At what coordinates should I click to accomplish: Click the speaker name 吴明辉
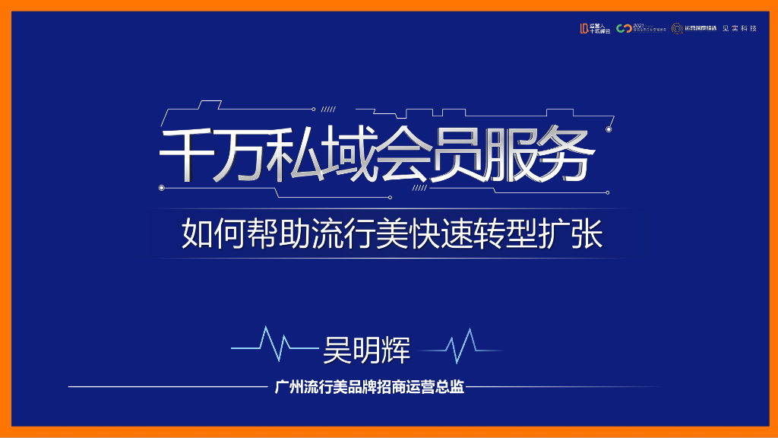[366, 350]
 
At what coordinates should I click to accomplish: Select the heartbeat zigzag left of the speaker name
[274, 347]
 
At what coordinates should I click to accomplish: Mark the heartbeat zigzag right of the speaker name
[461, 348]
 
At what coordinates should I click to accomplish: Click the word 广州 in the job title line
[288, 387]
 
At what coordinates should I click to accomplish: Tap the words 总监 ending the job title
[450, 387]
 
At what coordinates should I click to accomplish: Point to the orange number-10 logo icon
[583, 28]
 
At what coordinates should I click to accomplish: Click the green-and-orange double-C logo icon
[624, 28]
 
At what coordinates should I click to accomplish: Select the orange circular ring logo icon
[676, 28]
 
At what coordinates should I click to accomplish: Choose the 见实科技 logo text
[739, 28]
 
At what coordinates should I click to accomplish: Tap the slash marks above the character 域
[330, 109]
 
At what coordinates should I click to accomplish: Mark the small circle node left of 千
[161, 186]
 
